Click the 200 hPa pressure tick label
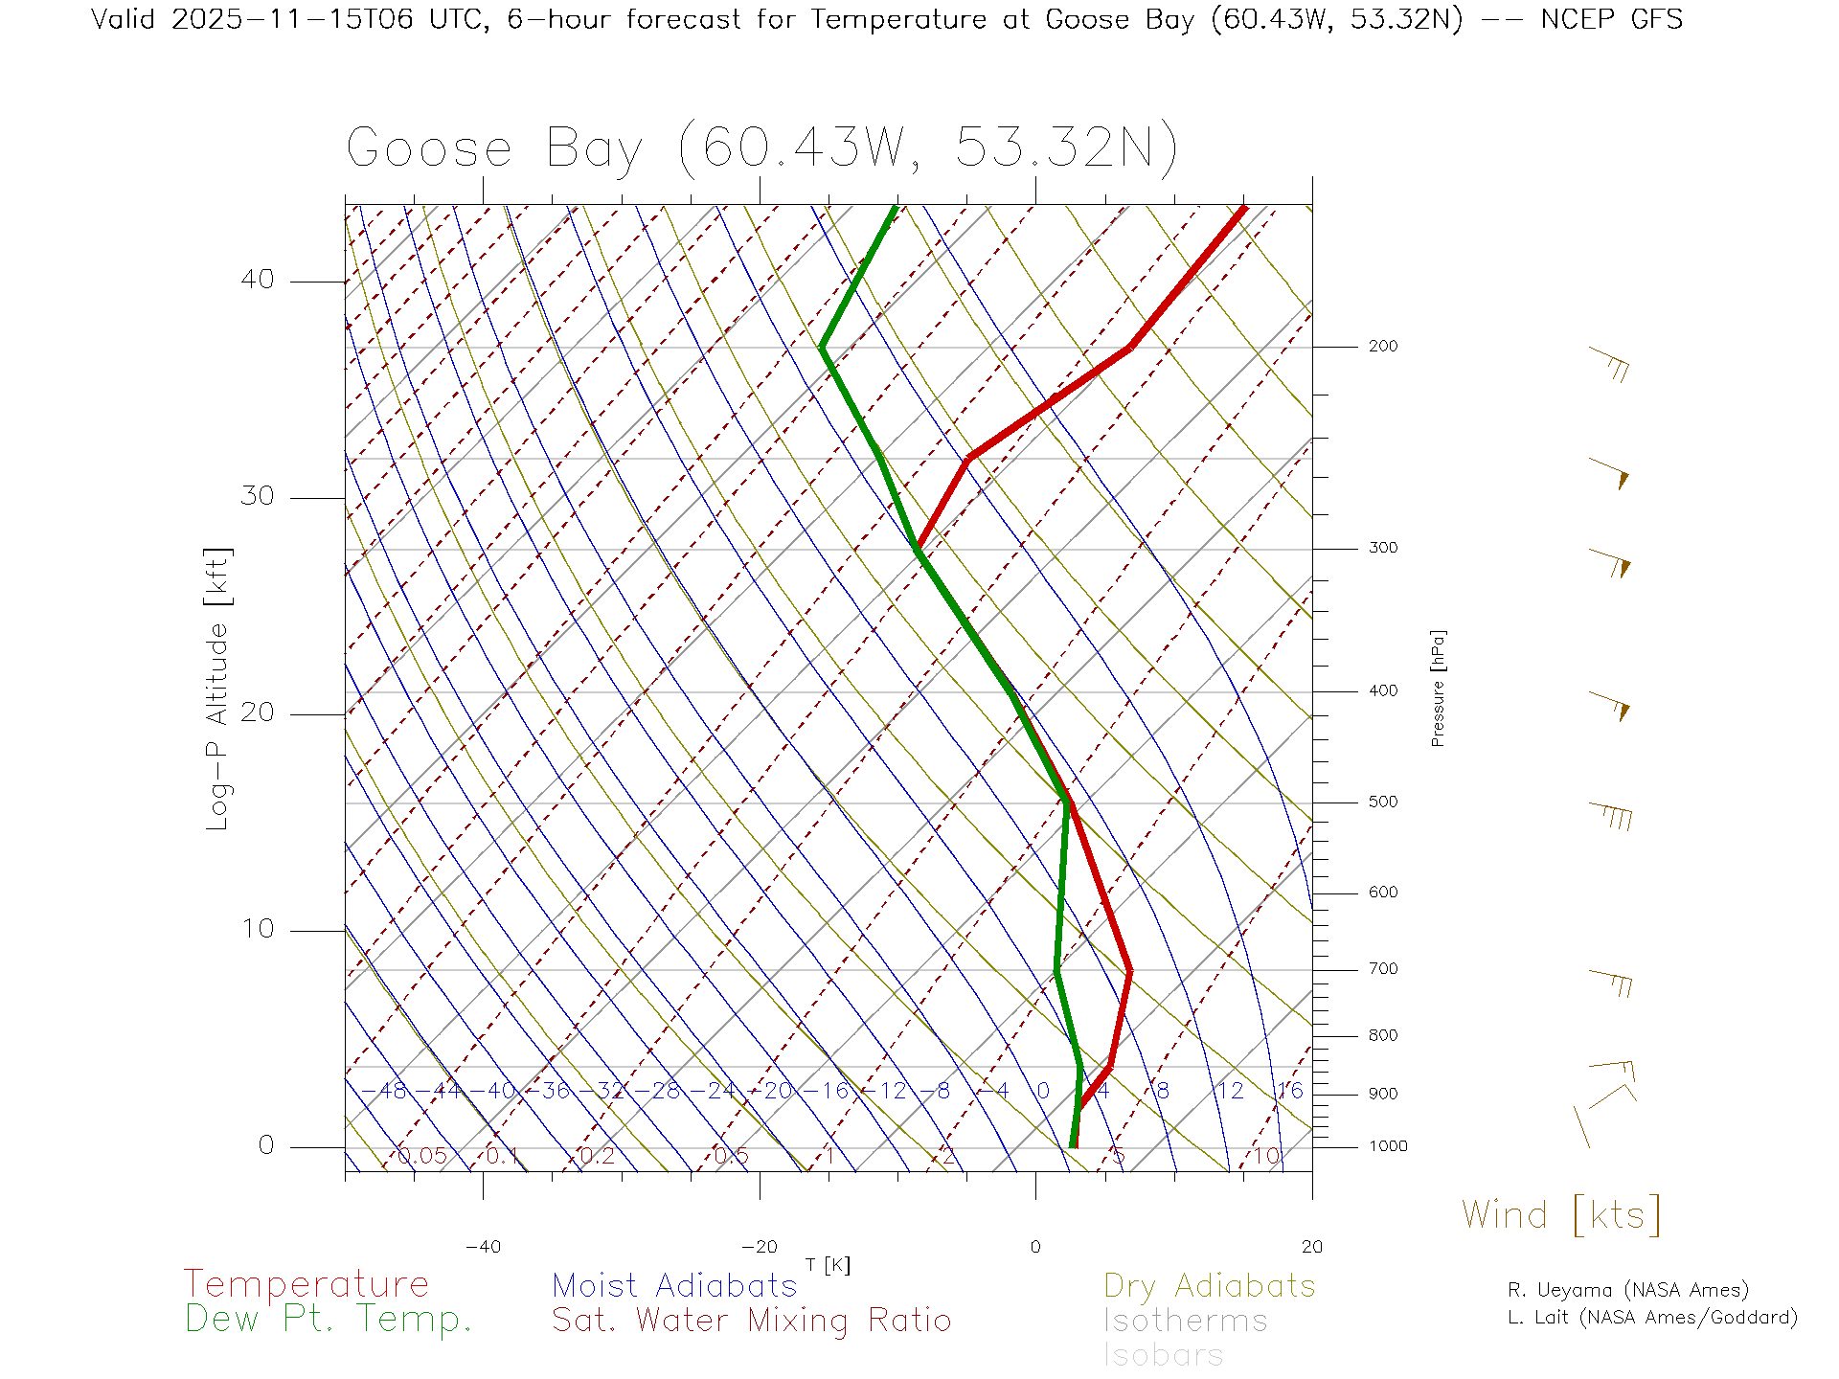coord(1382,346)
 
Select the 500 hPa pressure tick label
coord(1382,802)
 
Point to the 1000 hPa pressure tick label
coord(1387,1146)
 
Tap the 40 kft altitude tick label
coord(257,280)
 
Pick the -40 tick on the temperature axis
coord(483,1247)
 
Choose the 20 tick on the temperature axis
coord(1311,1247)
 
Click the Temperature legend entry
coord(306,1284)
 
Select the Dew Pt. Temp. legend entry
coord(329,1320)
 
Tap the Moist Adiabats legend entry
coord(674,1285)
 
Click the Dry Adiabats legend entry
coord(1209,1285)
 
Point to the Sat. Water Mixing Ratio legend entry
coord(751,1321)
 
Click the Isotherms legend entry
coord(1185,1321)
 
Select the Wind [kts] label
coord(1560,1215)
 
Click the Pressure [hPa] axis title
coord(1438,688)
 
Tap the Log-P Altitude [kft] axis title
coord(218,689)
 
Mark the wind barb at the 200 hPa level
coord(1609,363)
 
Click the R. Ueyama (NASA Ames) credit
coord(1627,1290)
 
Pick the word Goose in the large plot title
coord(429,149)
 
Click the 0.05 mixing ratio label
coord(421,1156)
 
